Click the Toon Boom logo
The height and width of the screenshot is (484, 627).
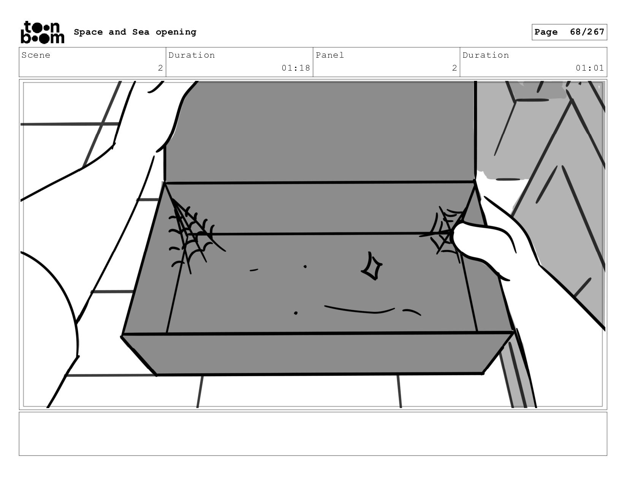click(x=43, y=32)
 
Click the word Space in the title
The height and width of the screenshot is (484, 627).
click(x=88, y=32)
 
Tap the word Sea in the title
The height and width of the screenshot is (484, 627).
click(x=141, y=32)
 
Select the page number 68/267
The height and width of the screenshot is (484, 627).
click(x=587, y=32)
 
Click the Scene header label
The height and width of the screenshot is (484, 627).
click(x=36, y=55)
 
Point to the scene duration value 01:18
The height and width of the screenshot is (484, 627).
click(x=296, y=68)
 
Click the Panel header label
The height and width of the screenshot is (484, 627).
click(x=330, y=55)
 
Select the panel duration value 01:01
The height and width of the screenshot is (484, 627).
click(x=590, y=68)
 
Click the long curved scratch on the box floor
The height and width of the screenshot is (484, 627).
click(x=359, y=310)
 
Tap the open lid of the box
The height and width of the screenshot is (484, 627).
click(x=320, y=131)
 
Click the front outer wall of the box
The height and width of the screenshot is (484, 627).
click(x=317, y=354)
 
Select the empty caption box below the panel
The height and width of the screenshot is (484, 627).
click(x=313, y=434)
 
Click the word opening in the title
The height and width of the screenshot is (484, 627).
click(x=176, y=32)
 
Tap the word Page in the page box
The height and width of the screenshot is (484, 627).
click(x=546, y=32)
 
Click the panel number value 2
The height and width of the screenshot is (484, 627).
click(x=454, y=68)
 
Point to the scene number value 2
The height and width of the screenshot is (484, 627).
click(x=160, y=68)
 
